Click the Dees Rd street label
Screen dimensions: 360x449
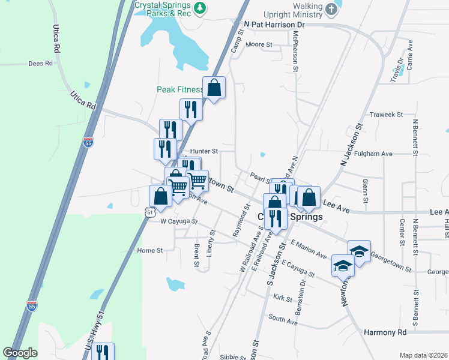[41, 63]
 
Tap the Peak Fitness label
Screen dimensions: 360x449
[179, 89]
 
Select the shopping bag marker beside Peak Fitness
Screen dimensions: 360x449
[214, 88]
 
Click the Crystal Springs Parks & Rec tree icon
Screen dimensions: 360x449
[202, 8]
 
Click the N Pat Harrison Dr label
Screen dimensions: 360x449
[275, 24]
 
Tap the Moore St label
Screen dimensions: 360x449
[259, 44]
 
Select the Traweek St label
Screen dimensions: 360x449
[385, 114]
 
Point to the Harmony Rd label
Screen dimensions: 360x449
[385, 332]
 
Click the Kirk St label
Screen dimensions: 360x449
[282, 298]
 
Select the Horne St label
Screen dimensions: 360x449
[150, 250]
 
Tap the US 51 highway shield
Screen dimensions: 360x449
[150, 212]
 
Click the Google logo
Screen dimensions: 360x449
[20, 353]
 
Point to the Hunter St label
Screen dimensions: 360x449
[203, 151]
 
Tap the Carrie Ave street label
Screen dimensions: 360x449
[410, 53]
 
